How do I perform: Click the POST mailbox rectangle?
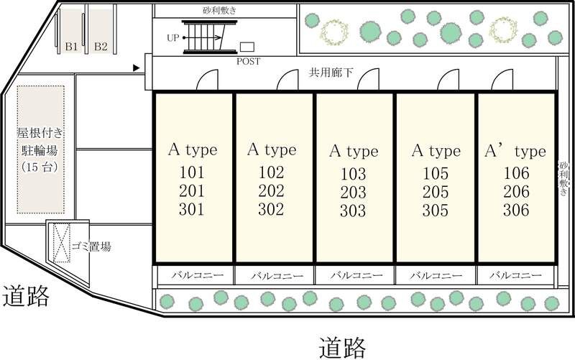pyautogui.click(x=247, y=47)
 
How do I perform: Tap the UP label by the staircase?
pyautogui.click(x=172, y=38)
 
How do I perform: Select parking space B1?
pyautogui.click(x=71, y=32)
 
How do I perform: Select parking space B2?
pyautogui.click(x=101, y=32)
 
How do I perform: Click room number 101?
pyautogui.click(x=192, y=172)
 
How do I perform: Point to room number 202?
pyautogui.click(x=272, y=190)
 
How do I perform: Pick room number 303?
pyautogui.click(x=353, y=211)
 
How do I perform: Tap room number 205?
pyautogui.click(x=436, y=192)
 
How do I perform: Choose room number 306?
pyautogui.click(x=516, y=210)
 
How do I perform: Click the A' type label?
pyautogui.click(x=515, y=151)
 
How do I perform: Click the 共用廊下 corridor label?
pyautogui.click(x=331, y=73)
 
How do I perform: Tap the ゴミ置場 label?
pyautogui.click(x=91, y=246)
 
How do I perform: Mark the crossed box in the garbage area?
pyautogui.click(x=62, y=243)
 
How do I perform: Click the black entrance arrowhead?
pyautogui.click(x=136, y=68)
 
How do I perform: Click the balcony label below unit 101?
pyautogui.click(x=198, y=274)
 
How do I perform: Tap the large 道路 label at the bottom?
pyautogui.click(x=342, y=348)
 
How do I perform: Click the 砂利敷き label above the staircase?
pyautogui.click(x=220, y=10)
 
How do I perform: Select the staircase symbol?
pyautogui.click(x=210, y=37)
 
